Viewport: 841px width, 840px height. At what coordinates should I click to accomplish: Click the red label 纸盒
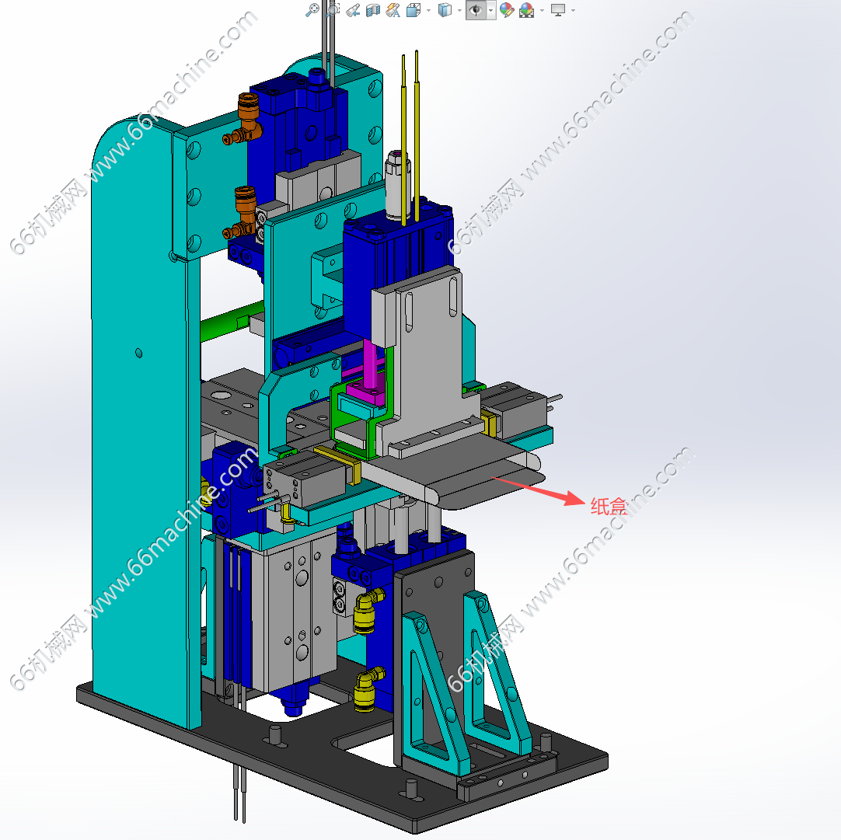coord(609,506)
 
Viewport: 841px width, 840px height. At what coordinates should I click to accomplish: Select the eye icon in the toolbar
coord(475,9)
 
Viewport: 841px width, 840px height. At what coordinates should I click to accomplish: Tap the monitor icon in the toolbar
coord(558,9)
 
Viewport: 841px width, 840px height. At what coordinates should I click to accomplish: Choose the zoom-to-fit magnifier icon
coord(312,9)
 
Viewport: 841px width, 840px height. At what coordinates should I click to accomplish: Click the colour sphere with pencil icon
coord(506,9)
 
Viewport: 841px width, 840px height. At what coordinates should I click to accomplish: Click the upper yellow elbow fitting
coord(368,611)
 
